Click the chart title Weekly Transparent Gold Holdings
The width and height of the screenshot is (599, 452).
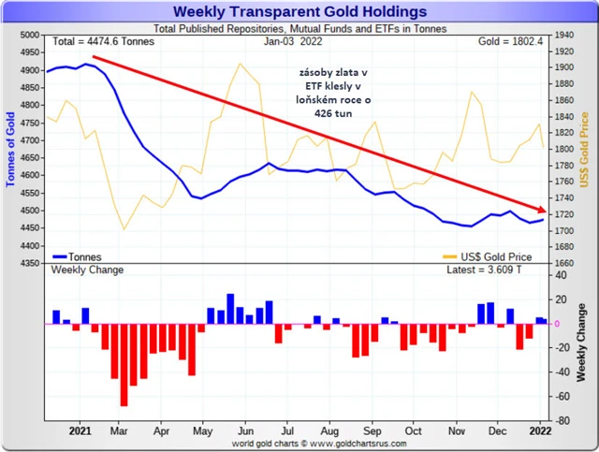(x=299, y=11)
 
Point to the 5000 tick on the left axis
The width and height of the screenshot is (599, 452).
(x=29, y=35)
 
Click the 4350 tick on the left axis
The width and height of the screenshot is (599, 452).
(x=29, y=263)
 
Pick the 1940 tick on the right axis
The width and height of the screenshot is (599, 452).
(x=565, y=35)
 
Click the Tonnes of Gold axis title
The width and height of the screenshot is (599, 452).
(x=10, y=150)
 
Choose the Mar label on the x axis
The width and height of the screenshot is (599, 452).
(x=119, y=433)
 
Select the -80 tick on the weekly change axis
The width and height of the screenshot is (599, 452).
(x=562, y=420)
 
